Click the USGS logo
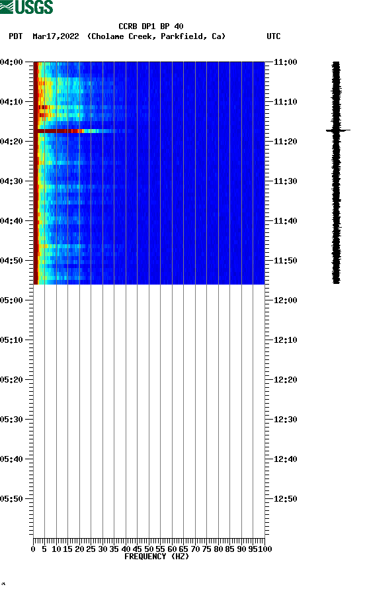click(26, 7)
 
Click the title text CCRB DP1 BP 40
click(151, 26)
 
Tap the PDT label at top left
click(16, 36)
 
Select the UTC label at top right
click(273, 36)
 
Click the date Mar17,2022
click(56, 36)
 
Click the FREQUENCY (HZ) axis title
click(157, 557)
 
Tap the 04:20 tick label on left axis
click(13, 142)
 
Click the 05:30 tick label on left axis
click(13, 420)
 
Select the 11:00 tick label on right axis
click(285, 62)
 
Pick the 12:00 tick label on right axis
click(285, 300)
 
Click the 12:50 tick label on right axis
click(285, 499)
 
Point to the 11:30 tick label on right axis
click(285, 181)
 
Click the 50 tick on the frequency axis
click(149, 549)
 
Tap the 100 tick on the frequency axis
click(265, 549)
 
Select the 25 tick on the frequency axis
click(91, 549)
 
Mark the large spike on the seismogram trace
click(337, 130)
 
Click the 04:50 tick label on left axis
click(13, 261)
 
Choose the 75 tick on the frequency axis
click(207, 549)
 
